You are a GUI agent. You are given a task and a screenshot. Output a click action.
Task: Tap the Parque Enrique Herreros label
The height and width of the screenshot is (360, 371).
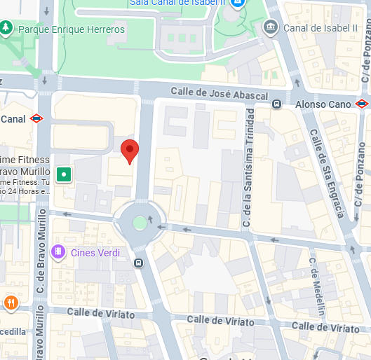(x=72, y=29)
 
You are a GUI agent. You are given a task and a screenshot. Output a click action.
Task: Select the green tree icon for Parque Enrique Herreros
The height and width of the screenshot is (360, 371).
(x=7, y=28)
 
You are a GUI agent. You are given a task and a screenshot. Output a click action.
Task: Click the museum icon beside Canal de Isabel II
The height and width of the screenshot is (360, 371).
(x=270, y=27)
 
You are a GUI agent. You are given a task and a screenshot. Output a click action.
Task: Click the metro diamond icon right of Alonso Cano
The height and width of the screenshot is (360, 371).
(x=362, y=104)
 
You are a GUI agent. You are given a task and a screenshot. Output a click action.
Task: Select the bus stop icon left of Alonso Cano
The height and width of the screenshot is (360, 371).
(x=277, y=104)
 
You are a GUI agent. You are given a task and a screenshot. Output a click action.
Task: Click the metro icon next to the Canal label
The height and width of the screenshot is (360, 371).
(x=37, y=119)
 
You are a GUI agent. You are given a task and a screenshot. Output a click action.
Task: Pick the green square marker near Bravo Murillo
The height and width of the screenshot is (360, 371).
(x=64, y=174)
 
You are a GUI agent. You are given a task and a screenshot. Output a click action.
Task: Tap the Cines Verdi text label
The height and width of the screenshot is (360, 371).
(x=95, y=253)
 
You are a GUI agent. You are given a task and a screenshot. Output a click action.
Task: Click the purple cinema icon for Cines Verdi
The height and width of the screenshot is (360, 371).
(x=60, y=252)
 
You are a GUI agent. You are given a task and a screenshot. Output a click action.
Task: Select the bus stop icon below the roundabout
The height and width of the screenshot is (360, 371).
(x=139, y=263)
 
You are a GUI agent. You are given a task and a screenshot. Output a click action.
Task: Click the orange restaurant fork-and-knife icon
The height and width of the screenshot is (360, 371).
(x=11, y=303)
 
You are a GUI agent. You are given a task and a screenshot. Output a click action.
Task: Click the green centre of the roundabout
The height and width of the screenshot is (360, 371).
(x=140, y=223)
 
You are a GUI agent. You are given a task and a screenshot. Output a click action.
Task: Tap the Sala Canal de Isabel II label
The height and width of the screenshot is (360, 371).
(x=177, y=3)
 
